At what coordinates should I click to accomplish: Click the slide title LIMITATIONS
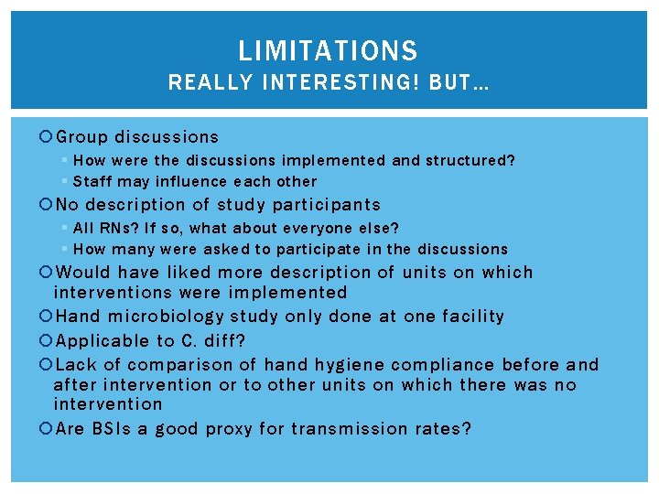coord(328,50)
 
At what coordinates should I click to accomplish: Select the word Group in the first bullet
coord(83,137)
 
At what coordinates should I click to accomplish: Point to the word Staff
coord(92,181)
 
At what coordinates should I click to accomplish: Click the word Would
coord(84,272)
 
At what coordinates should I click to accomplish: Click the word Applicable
coord(102,341)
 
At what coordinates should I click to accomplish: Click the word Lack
coord(77,365)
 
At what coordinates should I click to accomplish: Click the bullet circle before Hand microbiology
coord(48,317)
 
